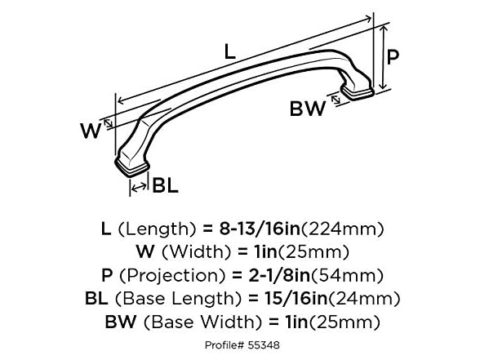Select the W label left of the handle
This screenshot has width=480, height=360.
click(91, 129)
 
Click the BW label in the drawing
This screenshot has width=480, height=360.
click(308, 109)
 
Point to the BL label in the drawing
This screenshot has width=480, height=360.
click(165, 185)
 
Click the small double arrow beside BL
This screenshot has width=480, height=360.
click(139, 185)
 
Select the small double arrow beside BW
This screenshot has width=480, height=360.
click(335, 101)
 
